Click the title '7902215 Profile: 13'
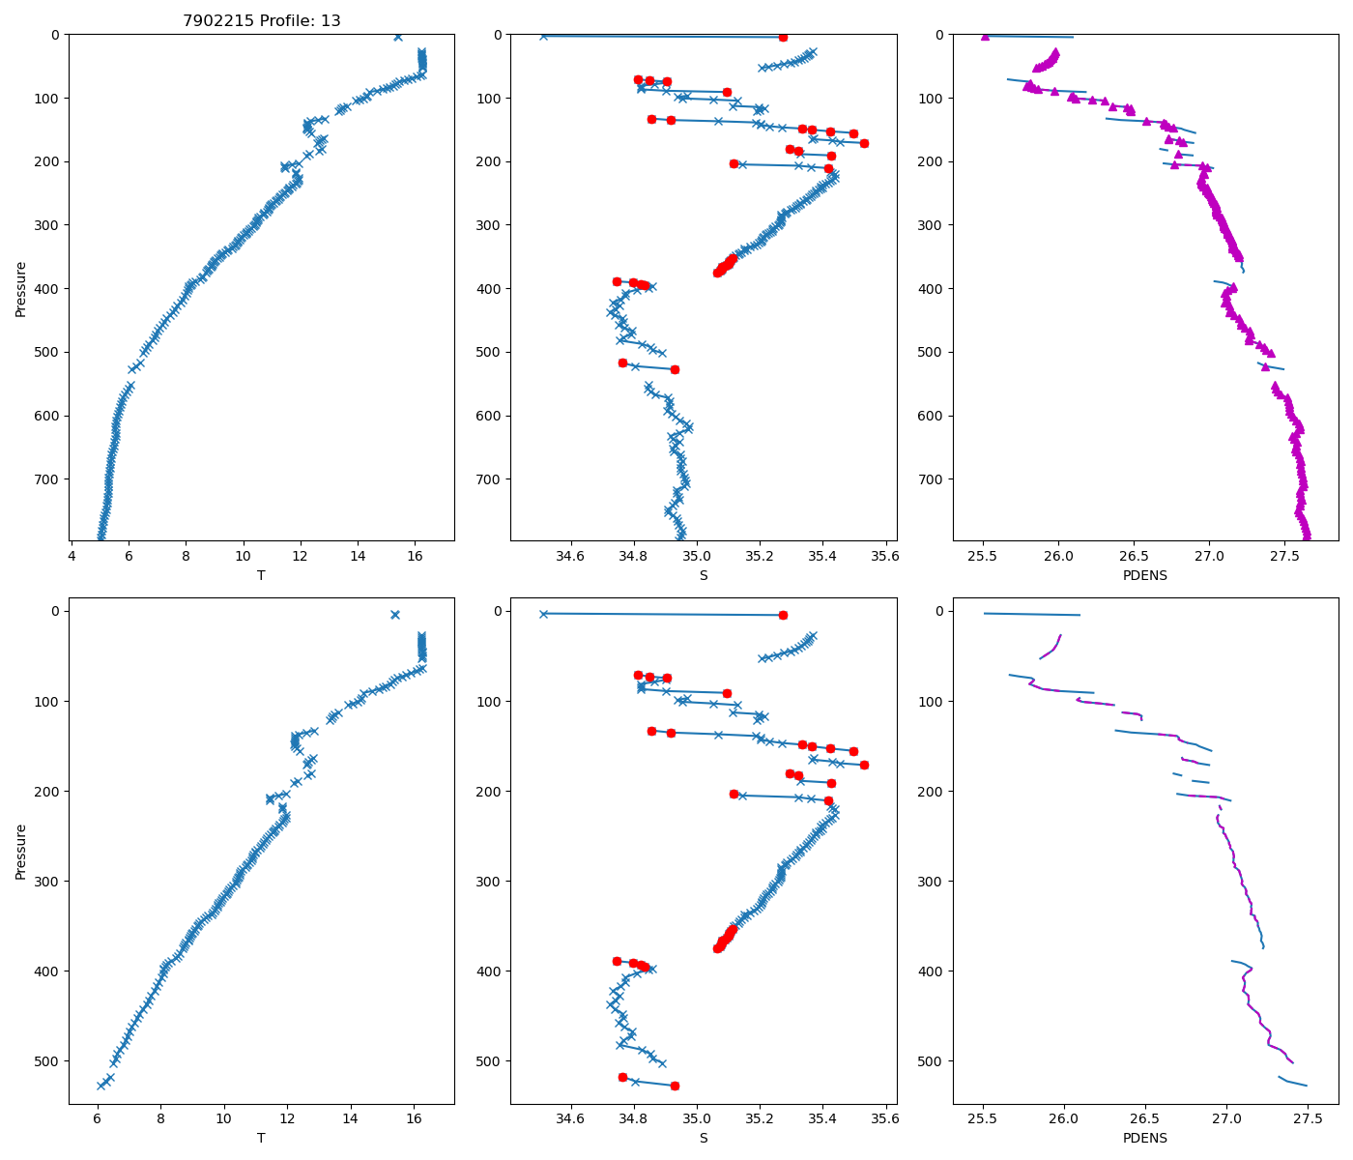261,20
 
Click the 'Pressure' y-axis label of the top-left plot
21,288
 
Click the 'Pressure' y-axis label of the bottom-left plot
21,852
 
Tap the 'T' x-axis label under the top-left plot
261,575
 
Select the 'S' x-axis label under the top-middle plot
704,575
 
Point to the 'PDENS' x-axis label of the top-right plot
1145,575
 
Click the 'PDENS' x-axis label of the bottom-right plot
1145,1138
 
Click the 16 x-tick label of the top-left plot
415,556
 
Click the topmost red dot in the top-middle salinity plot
783,37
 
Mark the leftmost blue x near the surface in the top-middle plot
543,36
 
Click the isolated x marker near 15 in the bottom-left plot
394,615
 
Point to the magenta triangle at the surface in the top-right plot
985,36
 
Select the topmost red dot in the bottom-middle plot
783,615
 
